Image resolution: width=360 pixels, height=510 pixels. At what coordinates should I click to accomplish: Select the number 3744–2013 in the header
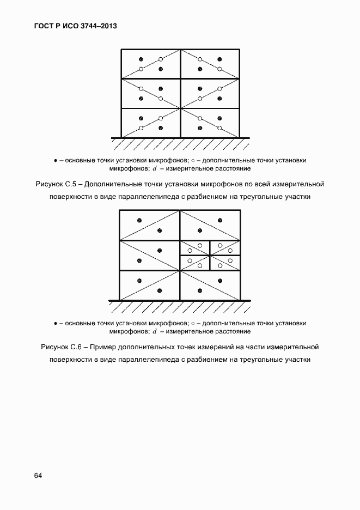[99, 26]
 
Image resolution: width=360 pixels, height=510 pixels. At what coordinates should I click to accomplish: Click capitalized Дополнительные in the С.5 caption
[113, 184]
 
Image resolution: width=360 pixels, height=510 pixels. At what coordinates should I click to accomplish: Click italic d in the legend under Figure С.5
[155, 168]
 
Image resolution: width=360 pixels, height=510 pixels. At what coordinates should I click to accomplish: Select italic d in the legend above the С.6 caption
[155, 331]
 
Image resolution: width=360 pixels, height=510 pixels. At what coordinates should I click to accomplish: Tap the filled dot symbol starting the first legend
[56, 160]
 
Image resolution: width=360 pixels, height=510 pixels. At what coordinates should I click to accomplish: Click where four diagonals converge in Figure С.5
[180, 108]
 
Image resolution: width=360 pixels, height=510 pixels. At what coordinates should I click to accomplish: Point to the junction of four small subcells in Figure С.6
[210, 256]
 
